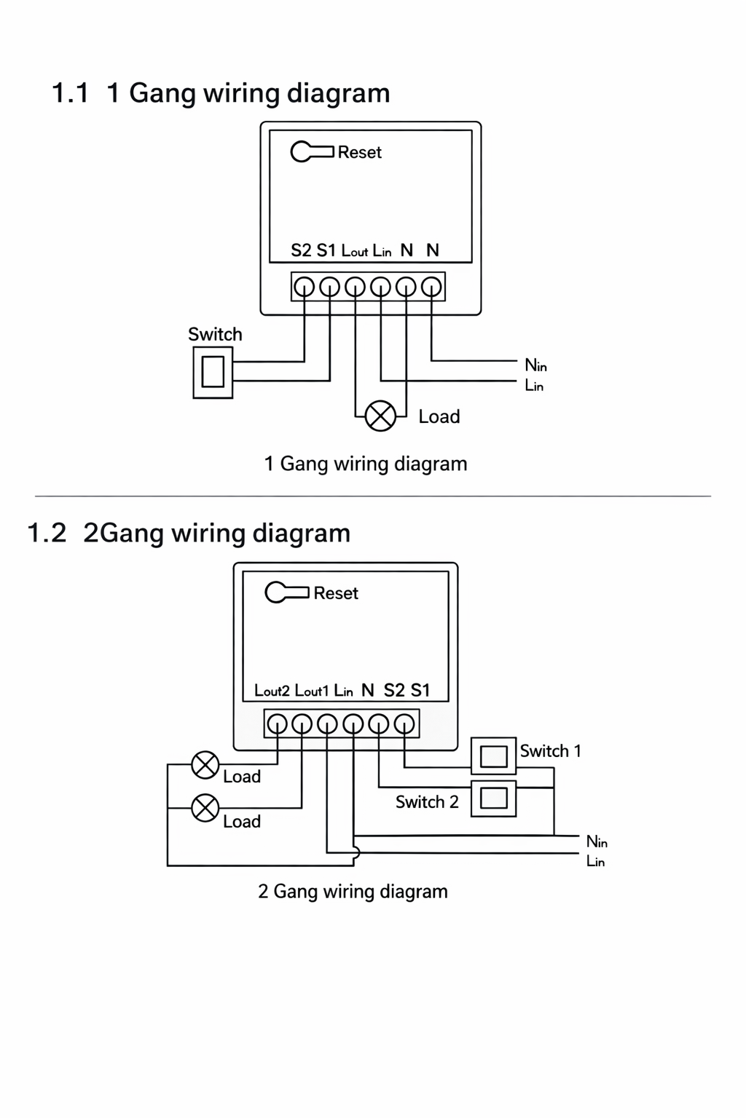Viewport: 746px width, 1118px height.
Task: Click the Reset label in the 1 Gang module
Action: coord(359,152)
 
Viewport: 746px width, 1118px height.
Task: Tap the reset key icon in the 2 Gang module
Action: coord(286,592)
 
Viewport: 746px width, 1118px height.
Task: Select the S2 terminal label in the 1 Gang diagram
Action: coord(301,250)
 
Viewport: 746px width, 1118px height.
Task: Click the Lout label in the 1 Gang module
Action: coord(355,251)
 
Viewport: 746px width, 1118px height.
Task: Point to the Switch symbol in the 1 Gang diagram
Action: coord(213,372)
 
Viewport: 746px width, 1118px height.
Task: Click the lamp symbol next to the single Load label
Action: coord(380,416)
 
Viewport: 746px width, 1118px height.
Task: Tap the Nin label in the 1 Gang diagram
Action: coord(535,365)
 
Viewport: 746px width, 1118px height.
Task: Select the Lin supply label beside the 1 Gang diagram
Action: coord(534,385)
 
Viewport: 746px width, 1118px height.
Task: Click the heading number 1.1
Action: coord(70,93)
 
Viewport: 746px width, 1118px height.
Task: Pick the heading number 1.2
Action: coord(46,533)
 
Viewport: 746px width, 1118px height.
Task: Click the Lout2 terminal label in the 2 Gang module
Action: coord(272,690)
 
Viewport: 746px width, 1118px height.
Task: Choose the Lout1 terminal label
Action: coord(312,690)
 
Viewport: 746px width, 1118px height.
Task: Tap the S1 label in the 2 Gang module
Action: coord(420,690)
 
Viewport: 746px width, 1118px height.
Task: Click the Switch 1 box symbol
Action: coord(493,756)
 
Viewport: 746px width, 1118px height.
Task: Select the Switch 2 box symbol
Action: coord(493,798)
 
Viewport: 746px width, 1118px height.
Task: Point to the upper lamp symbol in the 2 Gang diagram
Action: coord(205,765)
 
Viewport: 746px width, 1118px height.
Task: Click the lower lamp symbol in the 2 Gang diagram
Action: coord(205,808)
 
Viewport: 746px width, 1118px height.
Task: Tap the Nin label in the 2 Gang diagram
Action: coord(597,841)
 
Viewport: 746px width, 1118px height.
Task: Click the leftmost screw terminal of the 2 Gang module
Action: coord(277,723)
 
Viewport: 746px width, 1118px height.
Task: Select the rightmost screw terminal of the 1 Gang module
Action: coord(431,287)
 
